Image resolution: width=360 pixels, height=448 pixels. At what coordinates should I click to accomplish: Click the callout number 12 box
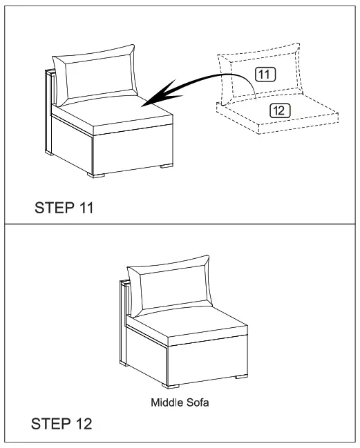pos(280,110)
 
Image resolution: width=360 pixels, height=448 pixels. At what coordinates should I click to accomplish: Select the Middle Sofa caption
pos(180,400)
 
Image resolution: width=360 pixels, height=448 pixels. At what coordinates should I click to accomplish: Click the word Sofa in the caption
pos(194,400)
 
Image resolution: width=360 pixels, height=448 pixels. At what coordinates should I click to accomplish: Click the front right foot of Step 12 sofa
pos(239,378)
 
